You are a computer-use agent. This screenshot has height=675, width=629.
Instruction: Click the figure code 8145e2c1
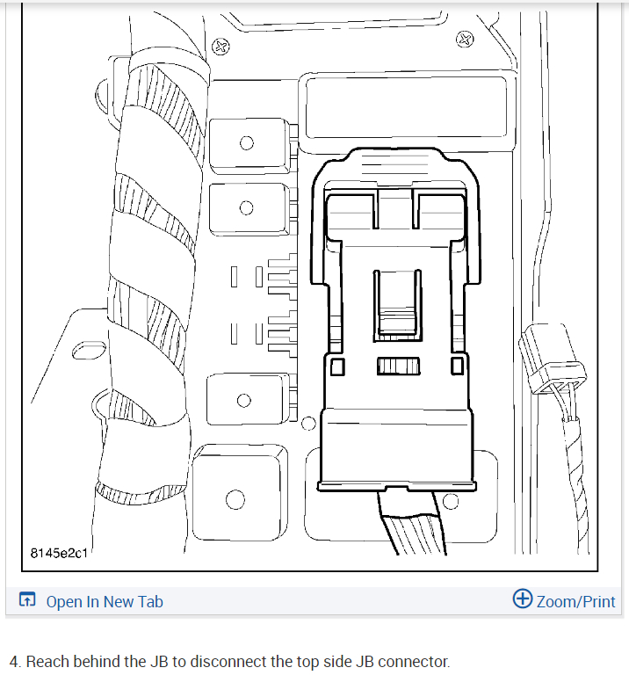(x=59, y=553)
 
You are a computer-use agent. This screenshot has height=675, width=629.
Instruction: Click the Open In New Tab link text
(x=104, y=602)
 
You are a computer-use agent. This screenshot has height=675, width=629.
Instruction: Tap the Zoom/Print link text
(x=575, y=602)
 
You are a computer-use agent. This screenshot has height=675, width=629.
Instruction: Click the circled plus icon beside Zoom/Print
(x=522, y=599)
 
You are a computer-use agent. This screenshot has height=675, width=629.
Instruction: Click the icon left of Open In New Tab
(x=27, y=601)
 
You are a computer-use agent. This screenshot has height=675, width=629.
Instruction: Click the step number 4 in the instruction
(x=14, y=661)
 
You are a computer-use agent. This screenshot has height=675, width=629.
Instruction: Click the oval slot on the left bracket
(x=86, y=352)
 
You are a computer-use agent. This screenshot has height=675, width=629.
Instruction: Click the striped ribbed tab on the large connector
(x=398, y=366)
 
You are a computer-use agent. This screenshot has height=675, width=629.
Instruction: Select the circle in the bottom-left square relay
(x=235, y=500)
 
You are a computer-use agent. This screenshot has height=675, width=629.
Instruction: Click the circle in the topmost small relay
(x=247, y=144)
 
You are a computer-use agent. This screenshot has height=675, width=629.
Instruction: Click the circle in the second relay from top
(x=247, y=208)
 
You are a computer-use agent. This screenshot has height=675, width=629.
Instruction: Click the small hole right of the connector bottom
(x=452, y=502)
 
